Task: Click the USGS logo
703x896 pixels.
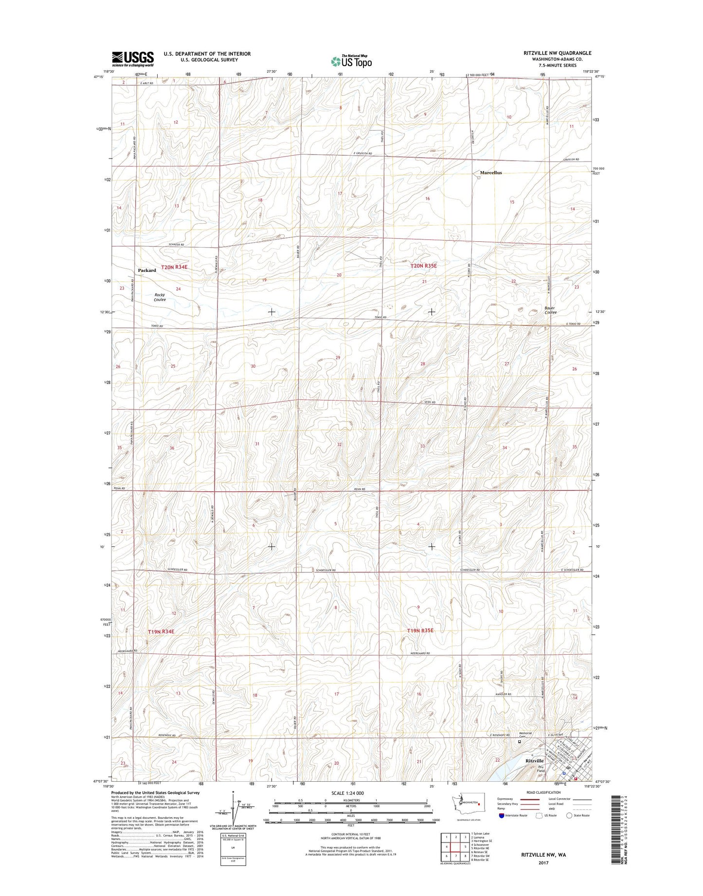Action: [x=133, y=58]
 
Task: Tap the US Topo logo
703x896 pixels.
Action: [x=351, y=61]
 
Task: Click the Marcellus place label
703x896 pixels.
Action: [x=490, y=173]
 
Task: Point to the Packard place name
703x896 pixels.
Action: [x=147, y=270]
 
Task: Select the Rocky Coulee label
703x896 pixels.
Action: [x=160, y=297]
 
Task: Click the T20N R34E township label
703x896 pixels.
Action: [x=174, y=267]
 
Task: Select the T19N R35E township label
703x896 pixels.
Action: [x=420, y=630]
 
